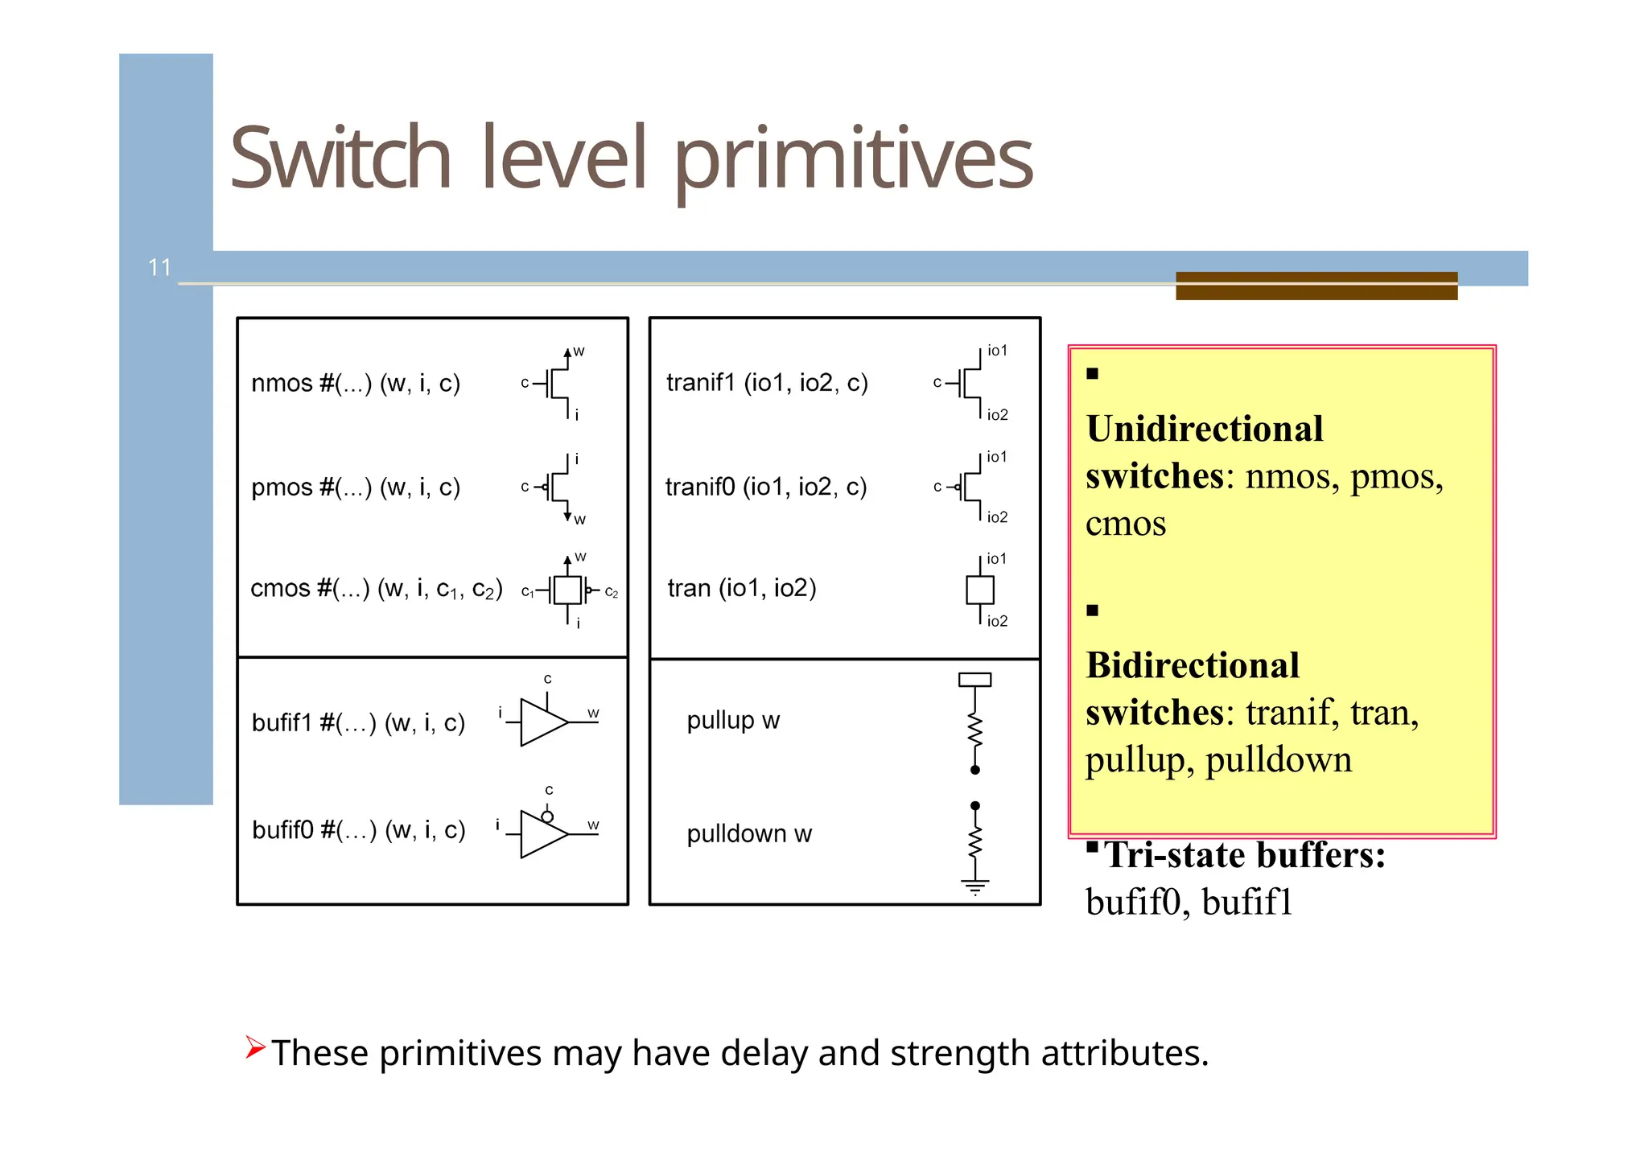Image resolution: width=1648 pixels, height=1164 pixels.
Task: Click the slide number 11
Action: pyautogui.click(x=159, y=267)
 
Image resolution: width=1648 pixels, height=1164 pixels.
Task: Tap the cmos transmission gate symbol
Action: pyautogui.click(x=567, y=590)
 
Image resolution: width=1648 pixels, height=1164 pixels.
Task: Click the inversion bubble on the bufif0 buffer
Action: pyautogui.click(x=547, y=816)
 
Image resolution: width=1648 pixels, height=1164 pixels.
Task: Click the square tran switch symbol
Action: pyautogui.click(x=979, y=590)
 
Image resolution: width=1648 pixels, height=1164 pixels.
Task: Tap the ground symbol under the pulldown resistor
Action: pyautogui.click(x=974, y=887)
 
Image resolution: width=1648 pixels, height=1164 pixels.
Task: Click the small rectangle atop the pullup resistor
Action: pyautogui.click(x=974, y=680)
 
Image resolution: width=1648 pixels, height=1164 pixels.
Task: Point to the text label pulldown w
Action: pyautogui.click(x=749, y=834)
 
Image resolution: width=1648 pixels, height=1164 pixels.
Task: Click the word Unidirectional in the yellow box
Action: pyautogui.click(x=1204, y=429)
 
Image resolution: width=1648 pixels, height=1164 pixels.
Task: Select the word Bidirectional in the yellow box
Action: pyautogui.click(x=1193, y=665)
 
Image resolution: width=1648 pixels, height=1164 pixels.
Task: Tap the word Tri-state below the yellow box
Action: pyautogui.click(x=1176, y=855)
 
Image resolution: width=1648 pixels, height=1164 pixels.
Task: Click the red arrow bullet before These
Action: pyautogui.click(x=255, y=1047)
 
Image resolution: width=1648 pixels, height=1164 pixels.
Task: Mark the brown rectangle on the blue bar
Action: pyautogui.click(x=1316, y=286)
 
